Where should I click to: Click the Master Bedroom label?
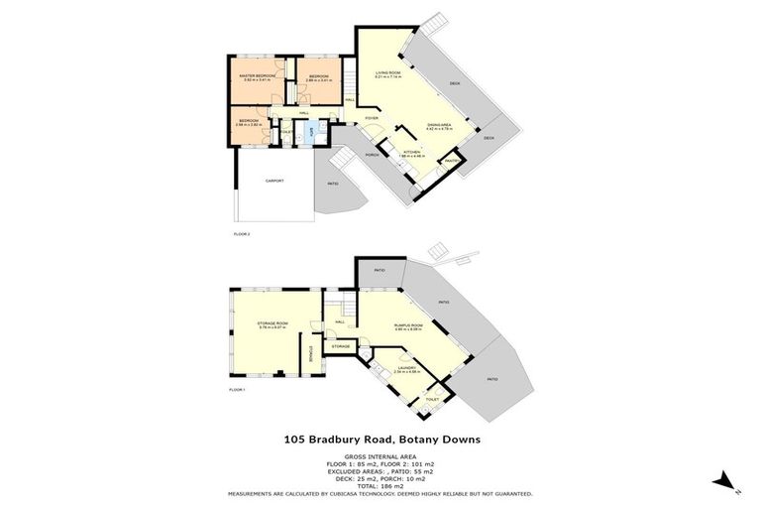click(261, 76)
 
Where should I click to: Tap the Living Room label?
click(387, 74)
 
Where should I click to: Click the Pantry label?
click(450, 161)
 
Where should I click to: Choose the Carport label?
click(274, 182)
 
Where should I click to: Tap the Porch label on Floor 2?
click(374, 156)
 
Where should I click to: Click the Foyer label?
click(372, 118)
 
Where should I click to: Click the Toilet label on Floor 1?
click(431, 399)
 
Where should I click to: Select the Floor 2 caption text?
click(241, 234)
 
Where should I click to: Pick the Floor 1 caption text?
click(237, 391)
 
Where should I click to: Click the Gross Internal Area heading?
click(380, 456)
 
